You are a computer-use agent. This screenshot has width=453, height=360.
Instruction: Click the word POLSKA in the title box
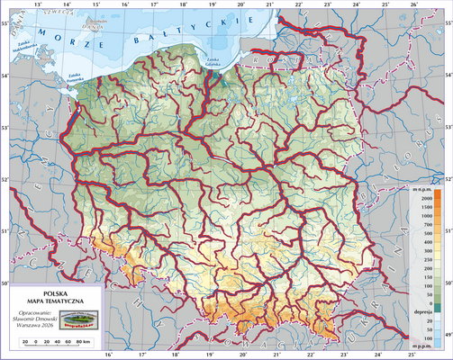click(56, 292)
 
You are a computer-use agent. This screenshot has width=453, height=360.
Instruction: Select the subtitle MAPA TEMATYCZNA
click(56, 301)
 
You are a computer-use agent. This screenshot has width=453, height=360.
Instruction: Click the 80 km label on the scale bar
click(84, 343)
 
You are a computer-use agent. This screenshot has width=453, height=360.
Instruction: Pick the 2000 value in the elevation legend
click(423, 198)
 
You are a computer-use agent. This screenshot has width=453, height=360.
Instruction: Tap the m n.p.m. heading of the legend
click(421, 189)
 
